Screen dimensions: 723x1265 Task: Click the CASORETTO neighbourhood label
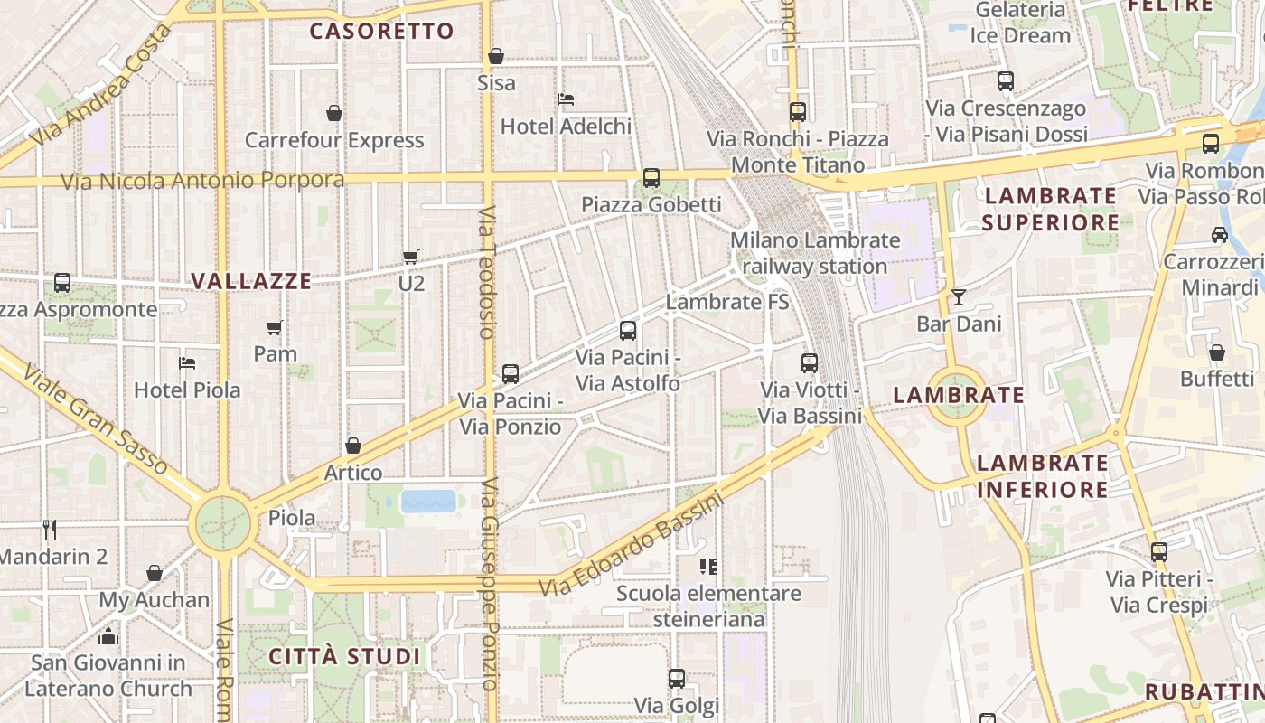(381, 32)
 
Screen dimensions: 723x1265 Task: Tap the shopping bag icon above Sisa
(495, 56)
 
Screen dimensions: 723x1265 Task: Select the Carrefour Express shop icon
(334, 113)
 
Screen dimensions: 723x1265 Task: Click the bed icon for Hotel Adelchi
(566, 99)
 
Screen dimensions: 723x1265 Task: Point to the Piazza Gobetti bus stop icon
(651, 177)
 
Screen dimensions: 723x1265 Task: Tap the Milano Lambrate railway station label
(815, 253)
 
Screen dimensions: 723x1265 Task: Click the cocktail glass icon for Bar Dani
(958, 296)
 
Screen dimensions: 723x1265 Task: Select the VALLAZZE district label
(251, 281)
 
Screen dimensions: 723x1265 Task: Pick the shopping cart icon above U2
(411, 257)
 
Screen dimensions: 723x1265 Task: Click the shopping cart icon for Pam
(275, 327)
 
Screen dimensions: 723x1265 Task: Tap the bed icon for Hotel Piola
(187, 363)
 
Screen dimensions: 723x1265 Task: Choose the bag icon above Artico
(353, 446)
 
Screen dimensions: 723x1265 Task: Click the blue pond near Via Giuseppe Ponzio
(428, 502)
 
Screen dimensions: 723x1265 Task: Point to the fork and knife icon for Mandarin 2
(50, 530)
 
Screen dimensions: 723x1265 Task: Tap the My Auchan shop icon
(155, 573)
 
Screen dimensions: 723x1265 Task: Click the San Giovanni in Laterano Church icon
(108, 636)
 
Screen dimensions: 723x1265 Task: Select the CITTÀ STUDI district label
(345, 656)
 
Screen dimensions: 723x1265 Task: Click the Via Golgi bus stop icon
(677, 678)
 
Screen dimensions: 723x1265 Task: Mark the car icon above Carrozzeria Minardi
(1219, 235)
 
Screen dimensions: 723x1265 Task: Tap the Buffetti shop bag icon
(1217, 352)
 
